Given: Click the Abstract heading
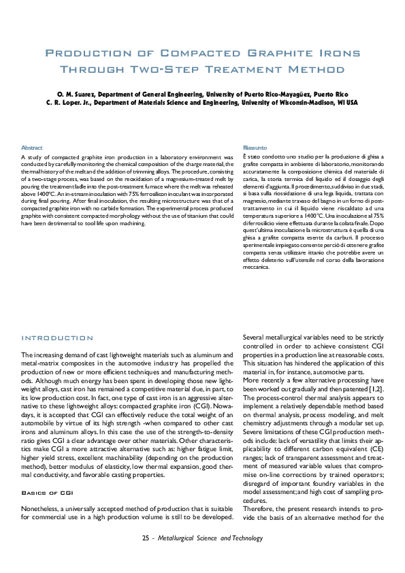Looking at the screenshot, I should click(32, 148).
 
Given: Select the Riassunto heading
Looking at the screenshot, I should click(255, 148).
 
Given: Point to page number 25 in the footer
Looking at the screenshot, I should click(146, 557).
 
